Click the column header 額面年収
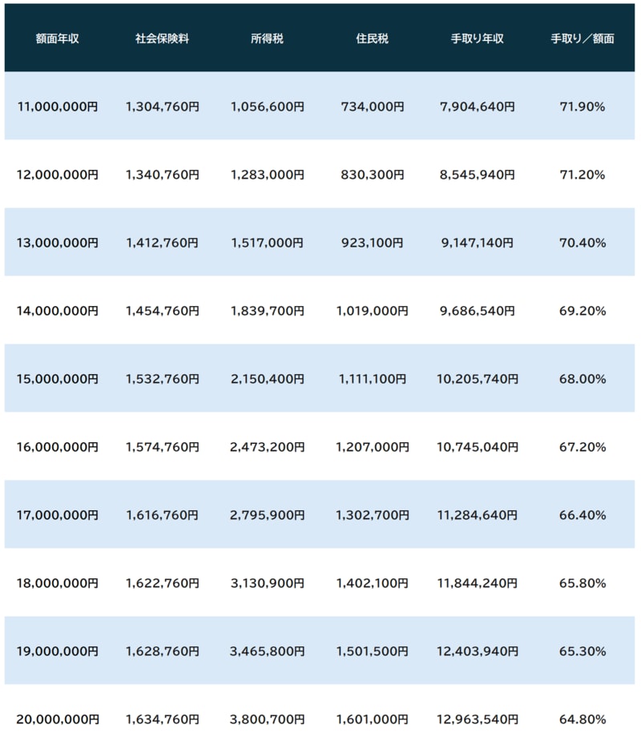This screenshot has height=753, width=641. pos(58,38)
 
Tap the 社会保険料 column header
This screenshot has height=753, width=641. pos(163,38)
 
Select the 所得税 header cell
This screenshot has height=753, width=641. pos(267,38)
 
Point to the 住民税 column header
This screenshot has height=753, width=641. pos(372,38)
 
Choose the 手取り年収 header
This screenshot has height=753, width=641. pos(478,38)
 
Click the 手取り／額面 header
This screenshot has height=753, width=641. pos(583,38)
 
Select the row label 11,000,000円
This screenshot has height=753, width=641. pos(58,107)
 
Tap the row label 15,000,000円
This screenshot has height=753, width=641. pos(58,379)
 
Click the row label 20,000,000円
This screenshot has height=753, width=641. pos(58,719)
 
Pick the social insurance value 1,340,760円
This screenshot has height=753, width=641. pos(163,175)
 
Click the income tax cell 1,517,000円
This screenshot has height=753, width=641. pos(267,243)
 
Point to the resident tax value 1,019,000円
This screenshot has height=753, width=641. pos(372,311)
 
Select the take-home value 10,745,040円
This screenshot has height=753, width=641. pos(479,447)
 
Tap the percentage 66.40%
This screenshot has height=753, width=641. pos(583,515)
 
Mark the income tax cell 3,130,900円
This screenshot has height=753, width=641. pos(267,583)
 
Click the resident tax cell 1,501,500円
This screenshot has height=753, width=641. pos(372,651)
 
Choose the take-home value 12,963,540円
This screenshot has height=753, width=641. pos(479,719)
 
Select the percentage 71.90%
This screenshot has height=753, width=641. pos(583,107)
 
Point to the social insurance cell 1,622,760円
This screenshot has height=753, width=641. pos(163,583)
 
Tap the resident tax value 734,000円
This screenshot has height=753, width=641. pos(372,107)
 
